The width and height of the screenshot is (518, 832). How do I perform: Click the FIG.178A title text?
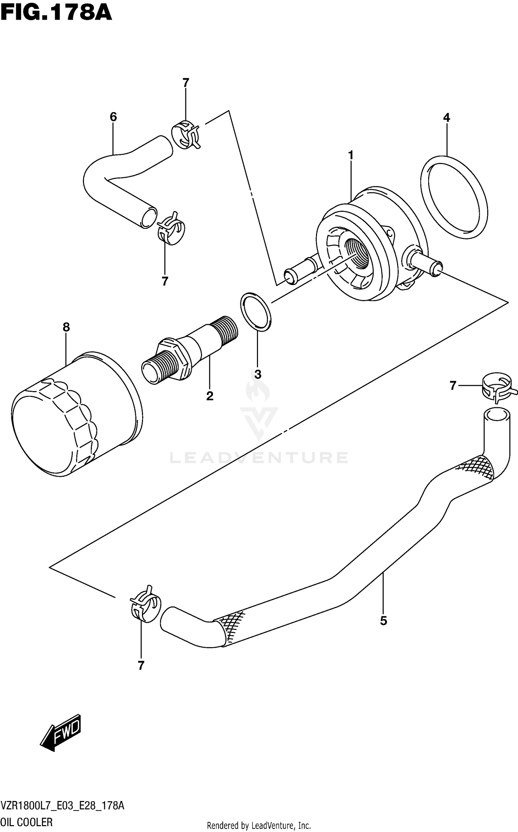tap(56, 13)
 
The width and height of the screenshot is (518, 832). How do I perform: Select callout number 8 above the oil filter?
tap(66, 327)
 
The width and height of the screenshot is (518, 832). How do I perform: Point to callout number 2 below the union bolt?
tap(210, 396)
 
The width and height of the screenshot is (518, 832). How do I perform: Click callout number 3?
tap(257, 374)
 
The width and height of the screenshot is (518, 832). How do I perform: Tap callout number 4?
tap(447, 118)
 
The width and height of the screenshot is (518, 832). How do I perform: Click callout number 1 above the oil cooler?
tap(351, 156)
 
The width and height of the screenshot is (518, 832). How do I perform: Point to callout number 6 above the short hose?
tap(113, 117)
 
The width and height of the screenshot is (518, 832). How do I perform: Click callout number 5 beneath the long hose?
tap(383, 621)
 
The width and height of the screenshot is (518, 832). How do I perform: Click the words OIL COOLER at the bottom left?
tap(27, 822)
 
